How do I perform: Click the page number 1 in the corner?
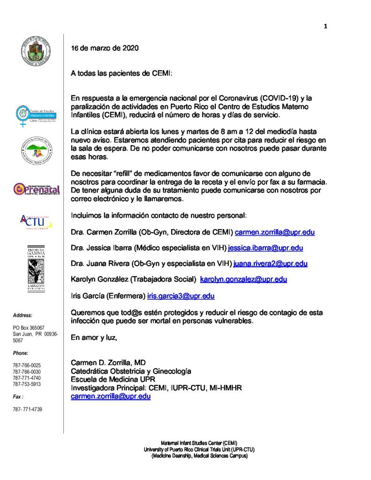(x=325, y=26)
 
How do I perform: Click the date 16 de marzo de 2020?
(x=105, y=48)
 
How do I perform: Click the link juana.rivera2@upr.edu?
(x=270, y=263)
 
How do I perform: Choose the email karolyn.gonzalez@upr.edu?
(x=243, y=279)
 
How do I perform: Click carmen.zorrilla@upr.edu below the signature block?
(x=111, y=396)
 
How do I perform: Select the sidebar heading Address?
(x=23, y=315)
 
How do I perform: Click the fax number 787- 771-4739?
(x=27, y=409)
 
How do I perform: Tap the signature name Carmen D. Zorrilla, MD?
(x=108, y=362)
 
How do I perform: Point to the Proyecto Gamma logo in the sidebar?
(x=33, y=269)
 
